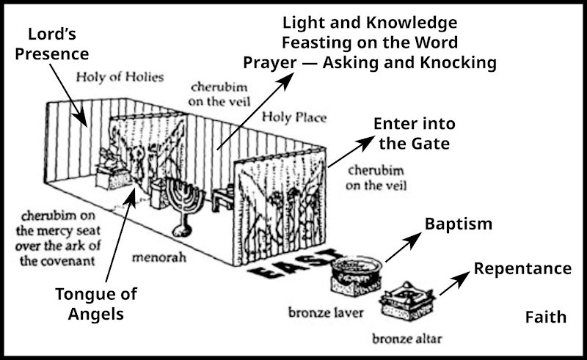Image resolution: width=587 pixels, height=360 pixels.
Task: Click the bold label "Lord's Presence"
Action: pyautogui.click(x=58, y=44)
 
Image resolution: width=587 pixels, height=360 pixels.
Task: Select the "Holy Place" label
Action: pyautogui.click(x=295, y=117)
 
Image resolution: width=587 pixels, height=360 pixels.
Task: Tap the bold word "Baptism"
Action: pyautogui.click(x=459, y=223)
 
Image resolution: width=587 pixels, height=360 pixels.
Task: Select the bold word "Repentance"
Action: pyautogui.click(x=522, y=268)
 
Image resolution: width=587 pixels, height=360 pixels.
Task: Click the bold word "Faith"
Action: pyautogui.click(x=545, y=317)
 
